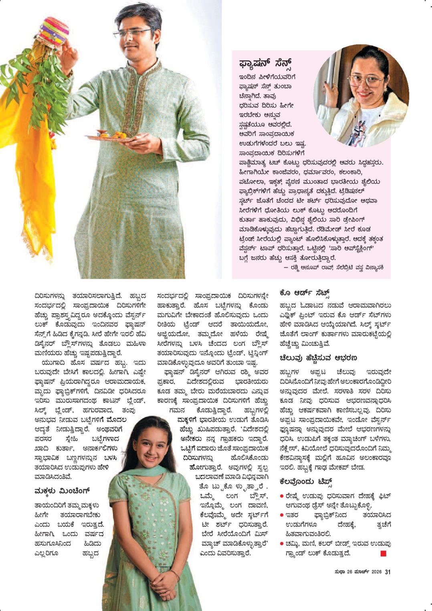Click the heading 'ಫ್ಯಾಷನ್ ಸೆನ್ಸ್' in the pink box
click(x=265, y=64)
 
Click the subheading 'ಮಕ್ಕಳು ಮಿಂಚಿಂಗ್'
click(x=62, y=490)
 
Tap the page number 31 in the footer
click(x=388, y=572)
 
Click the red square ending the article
click(x=383, y=553)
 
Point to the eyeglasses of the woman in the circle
click(x=365, y=81)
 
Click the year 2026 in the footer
click(x=376, y=572)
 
